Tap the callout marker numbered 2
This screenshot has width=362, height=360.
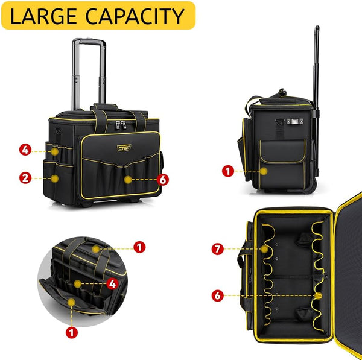click(x=25, y=177)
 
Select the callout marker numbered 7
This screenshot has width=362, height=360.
click(x=218, y=248)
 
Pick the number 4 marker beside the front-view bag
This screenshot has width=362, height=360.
click(x=25, y=149)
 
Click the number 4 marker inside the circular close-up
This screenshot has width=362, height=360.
click(x=112, y=282)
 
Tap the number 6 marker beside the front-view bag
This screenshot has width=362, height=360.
click(x=162, y=179)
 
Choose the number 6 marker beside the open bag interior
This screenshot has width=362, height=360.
click(x=218, y=295)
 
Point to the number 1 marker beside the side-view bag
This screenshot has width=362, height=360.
click(x=227, y=171)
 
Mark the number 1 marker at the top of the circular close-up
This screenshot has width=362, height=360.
click(x=139, y=247)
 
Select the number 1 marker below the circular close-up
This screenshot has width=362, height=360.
click(x=72, y=332)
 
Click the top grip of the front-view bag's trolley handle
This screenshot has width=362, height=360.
click(x=89, y=42)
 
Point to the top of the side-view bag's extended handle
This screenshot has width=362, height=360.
click(x=316, y=29)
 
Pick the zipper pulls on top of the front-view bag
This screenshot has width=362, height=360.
click(x=120, y=125)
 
